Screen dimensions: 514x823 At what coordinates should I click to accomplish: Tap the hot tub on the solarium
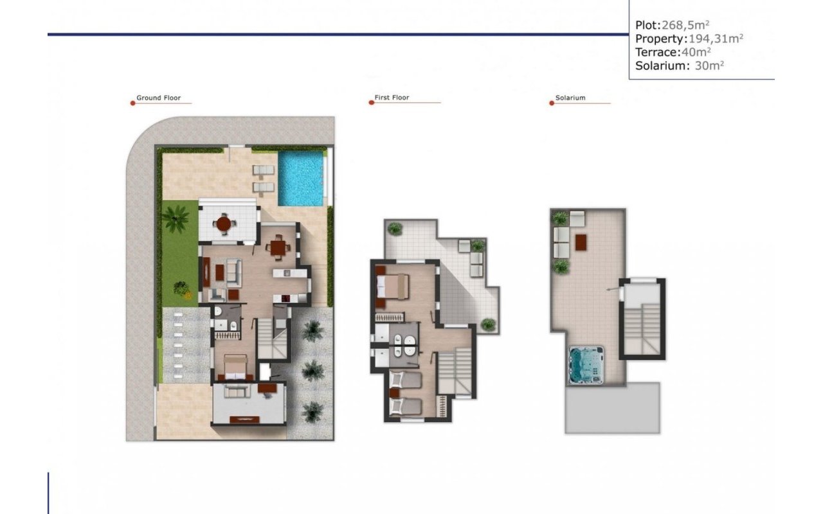[586, 364]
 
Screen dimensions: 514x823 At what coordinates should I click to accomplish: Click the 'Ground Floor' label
[158, 98]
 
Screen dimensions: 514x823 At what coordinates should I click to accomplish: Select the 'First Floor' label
[392, 98]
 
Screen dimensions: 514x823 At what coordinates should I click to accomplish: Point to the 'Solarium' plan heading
[570, 98]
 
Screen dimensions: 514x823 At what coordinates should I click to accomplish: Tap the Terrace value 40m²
[696, 52]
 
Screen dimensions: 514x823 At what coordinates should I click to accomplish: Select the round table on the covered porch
[224, 224]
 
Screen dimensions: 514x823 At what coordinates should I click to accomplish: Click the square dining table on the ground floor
[278, 247]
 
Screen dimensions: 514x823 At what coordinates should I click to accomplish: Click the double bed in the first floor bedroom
[393, 285]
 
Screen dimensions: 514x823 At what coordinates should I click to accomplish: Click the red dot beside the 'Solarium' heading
[552, 103]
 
